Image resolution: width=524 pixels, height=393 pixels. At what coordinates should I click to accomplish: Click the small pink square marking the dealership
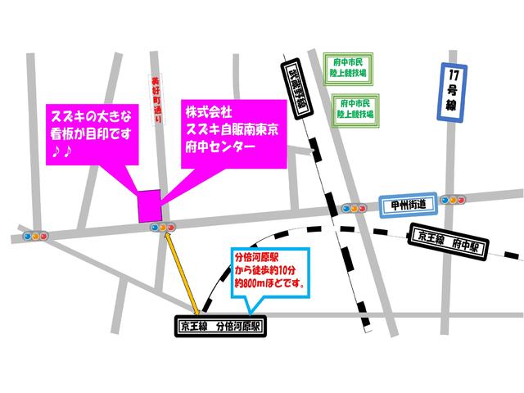click(149, 205)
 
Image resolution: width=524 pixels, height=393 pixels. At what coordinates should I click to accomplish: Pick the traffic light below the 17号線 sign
click(451, 199)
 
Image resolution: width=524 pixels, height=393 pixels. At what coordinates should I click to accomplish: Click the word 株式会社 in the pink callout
click(208, 110)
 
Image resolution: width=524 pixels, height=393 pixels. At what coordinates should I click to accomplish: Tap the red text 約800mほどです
click(269, 286)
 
